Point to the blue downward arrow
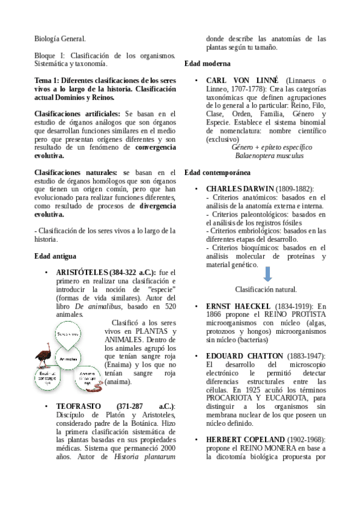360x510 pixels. pyautogui.click(x=267, y=274)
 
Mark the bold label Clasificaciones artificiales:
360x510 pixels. pyautogui.click(x=78, y=114)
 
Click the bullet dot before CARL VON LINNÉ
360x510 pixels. pyautogui.click(x=197, y=81)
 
